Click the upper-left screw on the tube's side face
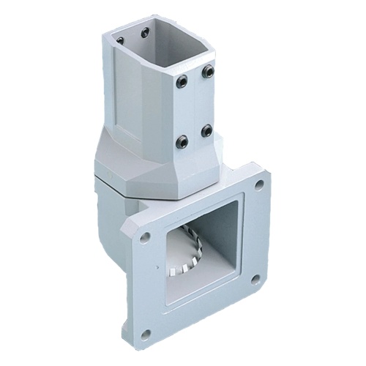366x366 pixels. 182,81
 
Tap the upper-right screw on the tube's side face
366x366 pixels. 207,71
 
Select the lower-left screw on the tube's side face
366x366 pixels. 182,141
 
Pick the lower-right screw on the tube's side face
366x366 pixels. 206,130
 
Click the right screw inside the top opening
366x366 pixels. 145,31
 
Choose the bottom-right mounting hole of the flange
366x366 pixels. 255,279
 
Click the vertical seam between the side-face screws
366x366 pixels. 195,106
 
